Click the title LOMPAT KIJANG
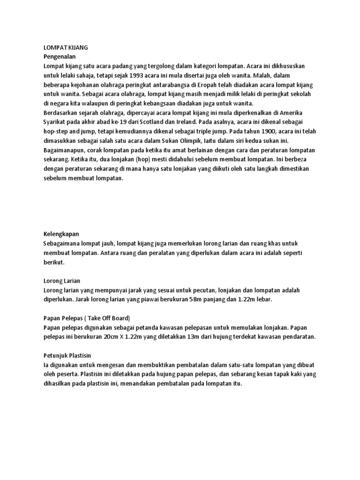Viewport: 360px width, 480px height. point(65,48)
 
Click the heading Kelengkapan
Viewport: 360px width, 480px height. point(61,233)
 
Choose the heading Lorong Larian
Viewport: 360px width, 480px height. point(61,281)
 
